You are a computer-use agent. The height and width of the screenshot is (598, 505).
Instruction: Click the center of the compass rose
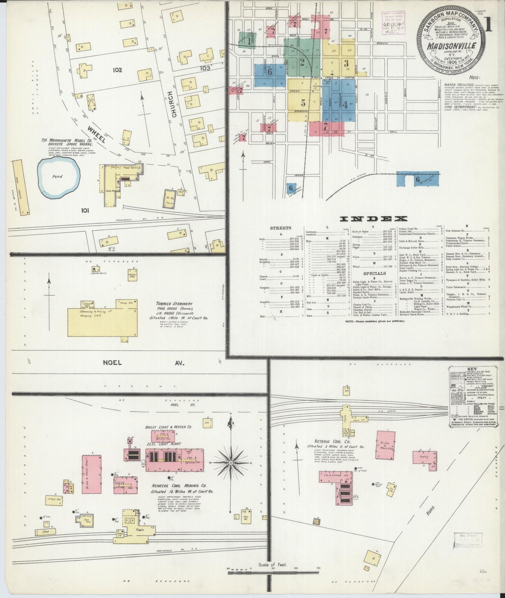(231, 462)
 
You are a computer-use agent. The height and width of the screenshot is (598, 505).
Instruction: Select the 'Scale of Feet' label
(272, 574)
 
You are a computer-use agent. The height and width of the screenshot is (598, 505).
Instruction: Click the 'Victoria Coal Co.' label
(324, 441)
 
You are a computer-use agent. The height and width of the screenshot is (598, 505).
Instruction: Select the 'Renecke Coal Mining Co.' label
(179, 485)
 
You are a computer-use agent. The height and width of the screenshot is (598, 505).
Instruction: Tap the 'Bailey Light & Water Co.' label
(169, 427)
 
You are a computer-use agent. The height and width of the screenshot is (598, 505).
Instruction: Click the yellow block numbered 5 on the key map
(303, 103)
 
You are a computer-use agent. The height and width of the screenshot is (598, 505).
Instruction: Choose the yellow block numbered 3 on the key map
(346, 63)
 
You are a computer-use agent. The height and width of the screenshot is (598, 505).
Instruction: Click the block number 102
(117, 70)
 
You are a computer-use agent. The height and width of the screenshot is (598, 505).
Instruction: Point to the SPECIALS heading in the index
(374, 273)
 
